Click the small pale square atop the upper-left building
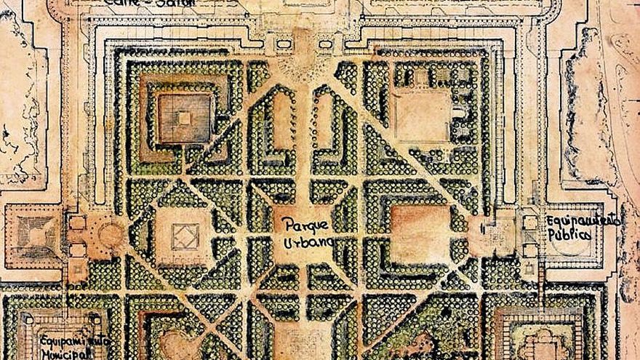(x=185, y=117)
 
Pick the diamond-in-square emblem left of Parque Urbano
(x=184, y=236)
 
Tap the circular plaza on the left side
(x=110, y=235)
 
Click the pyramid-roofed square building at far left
(x=33, y=233)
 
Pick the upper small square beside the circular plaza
(x=78, y=222)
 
